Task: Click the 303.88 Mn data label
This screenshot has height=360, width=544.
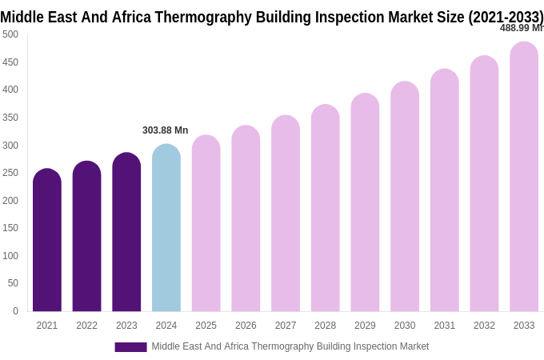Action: click(165, 130)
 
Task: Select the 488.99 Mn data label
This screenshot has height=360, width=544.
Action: click(522, 28)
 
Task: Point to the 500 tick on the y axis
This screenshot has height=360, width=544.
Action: click(10, 34)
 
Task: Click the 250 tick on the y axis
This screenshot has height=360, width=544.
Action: click(10, 173)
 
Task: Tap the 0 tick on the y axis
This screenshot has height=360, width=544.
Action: click(15, 311)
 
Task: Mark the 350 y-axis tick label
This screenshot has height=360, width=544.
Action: click(10, 118)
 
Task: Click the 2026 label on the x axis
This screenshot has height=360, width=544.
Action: click(246, 326)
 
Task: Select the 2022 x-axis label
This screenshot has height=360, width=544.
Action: click(86, 326)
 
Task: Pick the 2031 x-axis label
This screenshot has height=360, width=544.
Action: click(444, 326)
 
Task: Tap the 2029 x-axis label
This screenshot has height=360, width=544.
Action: click(365, 326)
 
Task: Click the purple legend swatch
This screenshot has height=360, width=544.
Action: click(130, 347)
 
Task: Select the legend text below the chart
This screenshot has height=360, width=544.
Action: click(290, 346)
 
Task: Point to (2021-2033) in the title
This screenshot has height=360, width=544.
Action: click(506, 17)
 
